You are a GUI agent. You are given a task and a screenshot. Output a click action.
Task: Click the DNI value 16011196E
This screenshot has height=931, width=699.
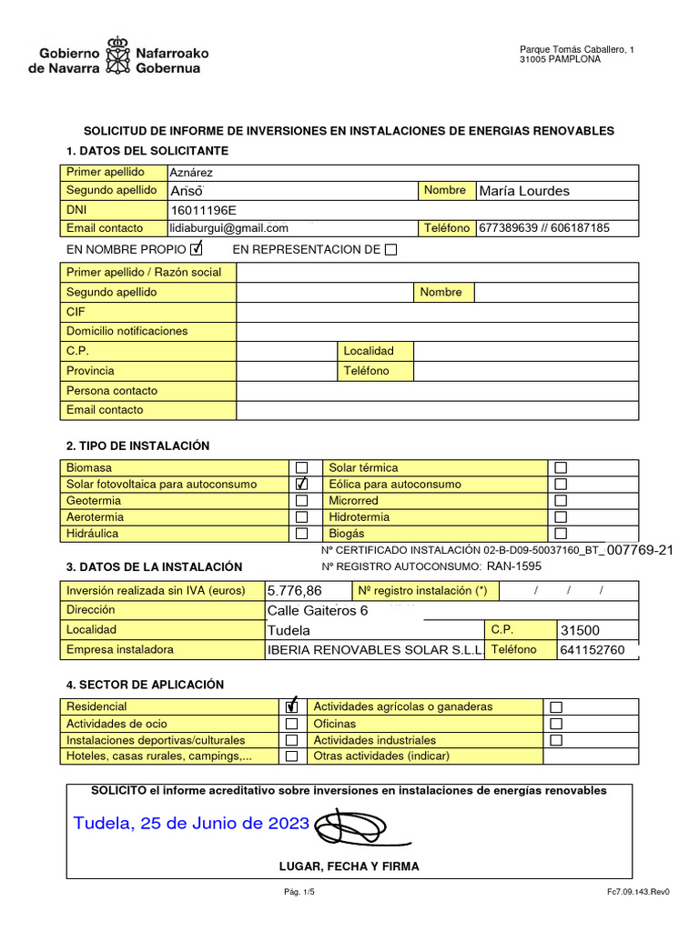coord(203,210)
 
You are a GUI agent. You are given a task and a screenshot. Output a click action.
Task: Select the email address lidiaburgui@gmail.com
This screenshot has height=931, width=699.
coord(229,228)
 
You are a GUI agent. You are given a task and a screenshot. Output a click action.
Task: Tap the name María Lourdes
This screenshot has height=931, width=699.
coord(524,191)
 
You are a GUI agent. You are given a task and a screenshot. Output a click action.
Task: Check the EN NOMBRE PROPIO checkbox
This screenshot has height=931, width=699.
coord(197,249)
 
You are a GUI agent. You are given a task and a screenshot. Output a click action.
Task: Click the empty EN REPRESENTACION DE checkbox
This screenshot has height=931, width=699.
coord(390,250)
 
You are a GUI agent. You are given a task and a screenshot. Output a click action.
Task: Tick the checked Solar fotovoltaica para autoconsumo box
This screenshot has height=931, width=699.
coord(302,484)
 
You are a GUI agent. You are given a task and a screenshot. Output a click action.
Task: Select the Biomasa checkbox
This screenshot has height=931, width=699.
coord(302,467)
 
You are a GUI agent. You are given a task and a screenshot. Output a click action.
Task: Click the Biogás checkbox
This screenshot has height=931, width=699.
coord(561,534)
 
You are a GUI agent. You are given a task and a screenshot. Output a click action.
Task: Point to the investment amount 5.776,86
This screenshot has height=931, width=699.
coord(295,591)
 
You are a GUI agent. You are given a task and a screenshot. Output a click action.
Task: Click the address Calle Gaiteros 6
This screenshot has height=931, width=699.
coord(318,610)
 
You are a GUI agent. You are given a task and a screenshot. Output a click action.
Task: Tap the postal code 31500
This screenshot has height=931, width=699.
coord(581,630)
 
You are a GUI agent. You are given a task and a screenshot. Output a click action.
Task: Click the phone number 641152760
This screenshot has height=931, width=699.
coord(593,650)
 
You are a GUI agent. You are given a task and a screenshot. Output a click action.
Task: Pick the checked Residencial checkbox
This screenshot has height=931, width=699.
coord(291,706)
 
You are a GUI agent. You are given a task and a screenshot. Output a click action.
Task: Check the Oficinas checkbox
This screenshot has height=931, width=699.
coord(556,724)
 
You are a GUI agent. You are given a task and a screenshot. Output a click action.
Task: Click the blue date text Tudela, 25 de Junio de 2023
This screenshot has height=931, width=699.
coord(191,824)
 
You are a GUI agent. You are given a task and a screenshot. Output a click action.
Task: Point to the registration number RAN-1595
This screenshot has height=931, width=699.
coord(513,566)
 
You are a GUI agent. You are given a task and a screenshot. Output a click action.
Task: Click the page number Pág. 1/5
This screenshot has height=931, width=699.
coord(299,892)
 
